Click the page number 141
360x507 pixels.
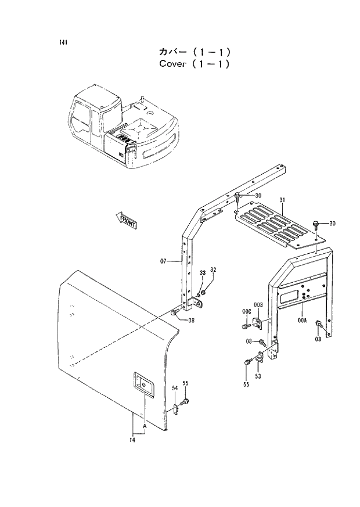pos(62,42)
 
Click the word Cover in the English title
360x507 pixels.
pos(172,63)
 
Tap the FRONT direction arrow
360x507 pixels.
pos(126,220)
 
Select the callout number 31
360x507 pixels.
pos(282,200)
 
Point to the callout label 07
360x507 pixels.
pos(164,261)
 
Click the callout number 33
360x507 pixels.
pos(202,273)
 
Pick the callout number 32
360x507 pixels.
pos(213,270)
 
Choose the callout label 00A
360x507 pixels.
pos(301,320)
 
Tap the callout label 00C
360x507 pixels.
pos(246,312)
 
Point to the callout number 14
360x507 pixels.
pos(133,440)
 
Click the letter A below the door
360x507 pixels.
pos(143,427)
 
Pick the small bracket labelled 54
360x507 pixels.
pos(174,404)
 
